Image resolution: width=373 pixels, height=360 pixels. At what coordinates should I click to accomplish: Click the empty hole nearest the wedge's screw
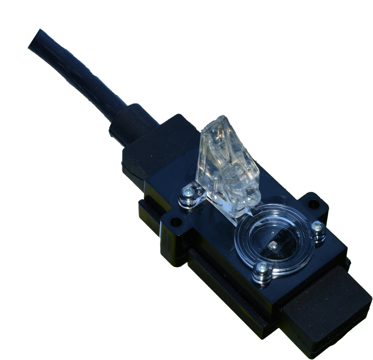[x=175, y=222]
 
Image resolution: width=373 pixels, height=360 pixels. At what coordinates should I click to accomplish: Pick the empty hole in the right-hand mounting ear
[x=314, y=204]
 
